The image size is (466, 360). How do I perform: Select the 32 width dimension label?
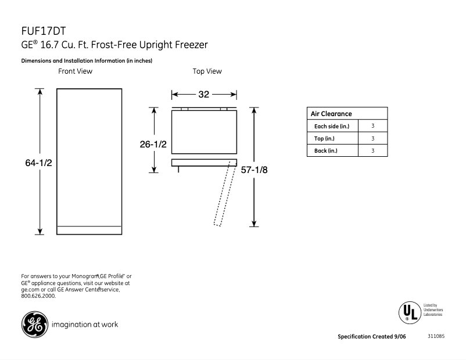(x=204, y=95)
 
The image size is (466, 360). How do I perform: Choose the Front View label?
(x=75, y=71)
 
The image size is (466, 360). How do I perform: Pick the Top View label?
(x=207, y=71)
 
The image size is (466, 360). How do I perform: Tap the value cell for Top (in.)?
(x=372, y=138)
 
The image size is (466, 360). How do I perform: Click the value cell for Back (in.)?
(x=372, y=151)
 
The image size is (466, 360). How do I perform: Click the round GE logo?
(x=34, y=324)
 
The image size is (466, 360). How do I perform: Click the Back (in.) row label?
(x=325, y=151)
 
